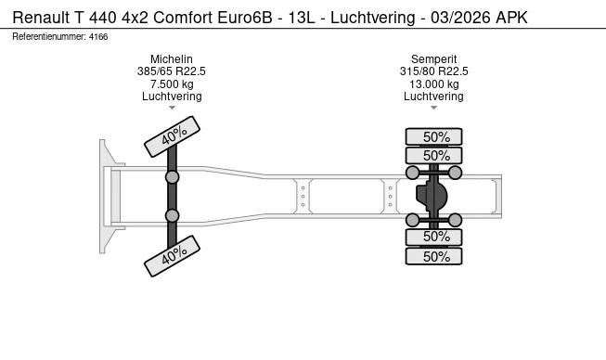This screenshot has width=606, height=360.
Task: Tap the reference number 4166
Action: coord(98,37)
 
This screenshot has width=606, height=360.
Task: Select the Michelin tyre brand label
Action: coord(172,59)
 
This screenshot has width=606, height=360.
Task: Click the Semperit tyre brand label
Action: coord(433,59)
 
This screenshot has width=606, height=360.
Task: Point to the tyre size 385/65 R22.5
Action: coord(172,71)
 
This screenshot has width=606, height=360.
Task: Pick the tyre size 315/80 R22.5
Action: coord(433,71)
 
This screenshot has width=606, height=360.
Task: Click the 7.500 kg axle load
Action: coord(172,84)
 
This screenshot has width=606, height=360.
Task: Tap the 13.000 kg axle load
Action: coord(433,84)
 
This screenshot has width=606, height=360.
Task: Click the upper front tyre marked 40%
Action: coord(172,136)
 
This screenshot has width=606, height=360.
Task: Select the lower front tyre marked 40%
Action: coord(172,256)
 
